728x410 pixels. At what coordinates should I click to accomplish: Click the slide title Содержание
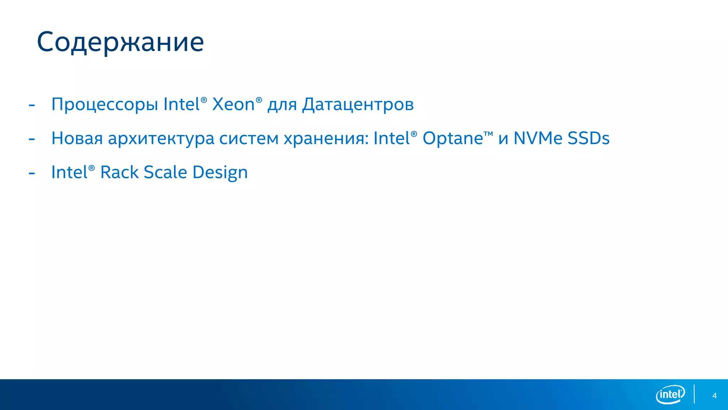[120, 42]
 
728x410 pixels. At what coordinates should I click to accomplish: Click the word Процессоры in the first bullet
[105, 105]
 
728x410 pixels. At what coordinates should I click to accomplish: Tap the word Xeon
[234, 104]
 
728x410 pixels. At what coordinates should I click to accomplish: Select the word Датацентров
[358, 105]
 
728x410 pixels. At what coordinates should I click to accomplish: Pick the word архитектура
[161, 139]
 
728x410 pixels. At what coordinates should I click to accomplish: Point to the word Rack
[119, 172]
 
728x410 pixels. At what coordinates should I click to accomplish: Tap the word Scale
[165, 172]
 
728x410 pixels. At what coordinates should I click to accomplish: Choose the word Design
[220, 173]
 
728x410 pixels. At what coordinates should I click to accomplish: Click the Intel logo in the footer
[670, 394]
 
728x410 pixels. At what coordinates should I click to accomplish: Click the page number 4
[714, 396]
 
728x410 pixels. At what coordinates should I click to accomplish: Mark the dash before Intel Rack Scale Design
[32, 173]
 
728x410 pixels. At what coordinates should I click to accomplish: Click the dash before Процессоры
[32, 105]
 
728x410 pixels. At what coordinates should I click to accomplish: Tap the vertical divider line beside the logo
[694, 394]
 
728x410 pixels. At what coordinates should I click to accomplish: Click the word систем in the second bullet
[249, 139]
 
